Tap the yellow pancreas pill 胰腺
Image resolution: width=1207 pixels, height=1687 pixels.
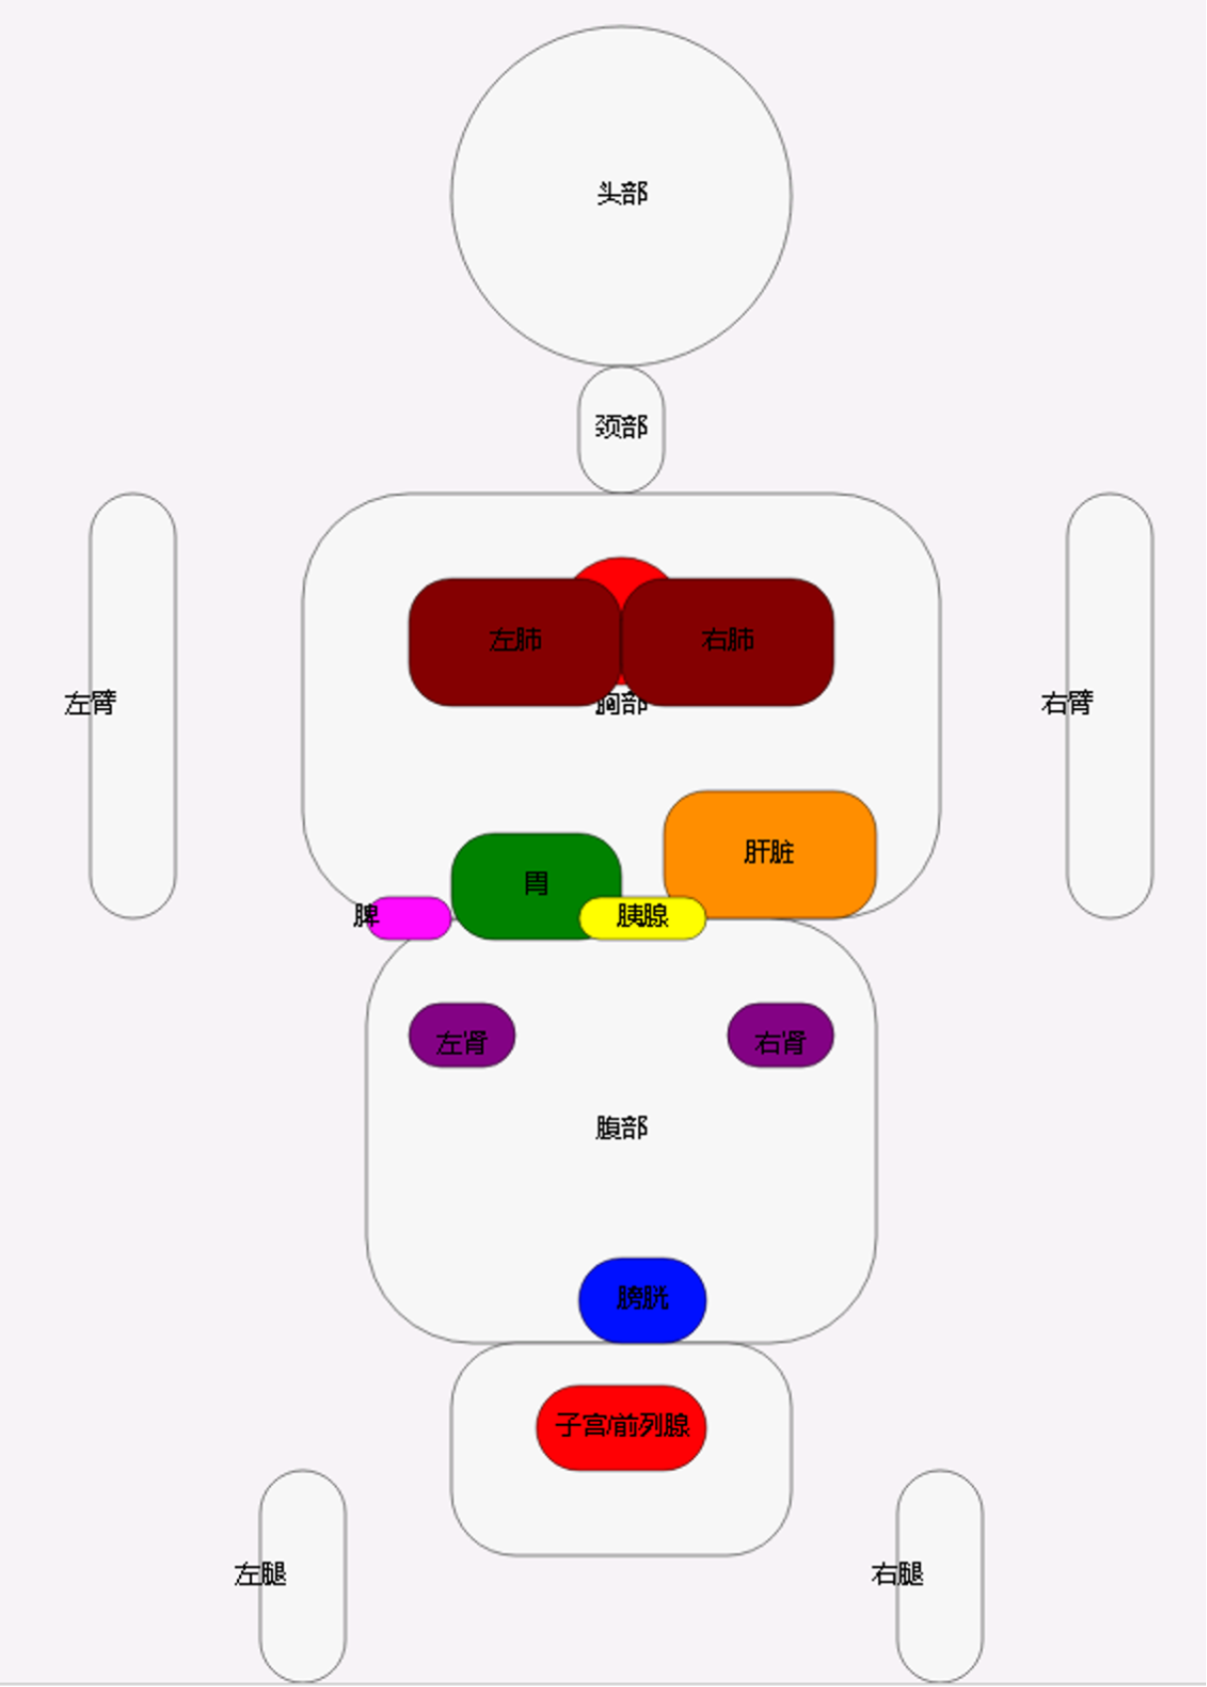click(x=642, y=917)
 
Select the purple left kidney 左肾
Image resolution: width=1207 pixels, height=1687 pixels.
click(x=462, y=1036)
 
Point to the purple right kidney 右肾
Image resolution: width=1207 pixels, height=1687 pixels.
click(x=780, y=1036)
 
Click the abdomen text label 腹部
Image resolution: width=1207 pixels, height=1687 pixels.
click(x=621, y=1127)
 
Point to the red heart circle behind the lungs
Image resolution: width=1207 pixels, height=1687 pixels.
click(x=621, y=571)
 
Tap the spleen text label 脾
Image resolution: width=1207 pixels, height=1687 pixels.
click(x=365, y=915)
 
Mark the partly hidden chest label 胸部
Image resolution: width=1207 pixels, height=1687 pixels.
click(x=622, y=706)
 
